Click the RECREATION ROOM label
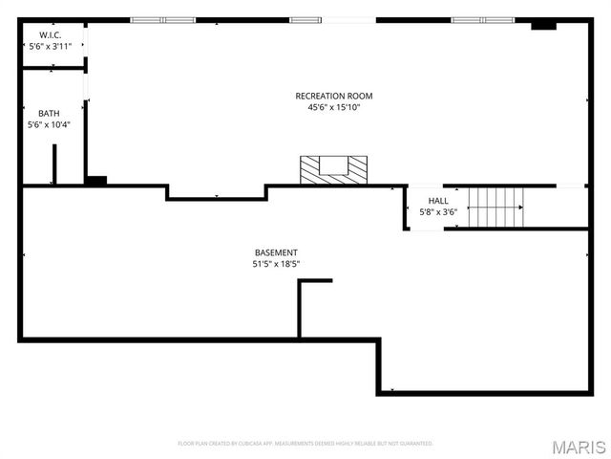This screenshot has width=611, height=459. pyautogui.click(x=333, y=96)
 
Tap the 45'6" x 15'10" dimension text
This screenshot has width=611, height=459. pyautogui.click(x=333, y=107)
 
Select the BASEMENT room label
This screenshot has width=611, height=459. pyautogui.click(x=276, y=252)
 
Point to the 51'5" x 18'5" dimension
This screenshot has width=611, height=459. pyautogui.click(x=276, y=264)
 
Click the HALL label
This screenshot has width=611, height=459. pyautogui.click(x=438, y=201)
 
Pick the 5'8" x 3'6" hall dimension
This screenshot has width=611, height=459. pyautogui.click(x=438, y=212)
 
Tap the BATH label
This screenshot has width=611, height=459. pyautogui.click(x=49, y=113)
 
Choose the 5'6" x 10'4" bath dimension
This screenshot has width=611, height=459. pyautogui.click(x=49, y=124)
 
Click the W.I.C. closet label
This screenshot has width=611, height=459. pyautogui.click(x=49, y=34)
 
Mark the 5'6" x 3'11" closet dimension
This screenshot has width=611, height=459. pyautogui.click(x=49, y=46)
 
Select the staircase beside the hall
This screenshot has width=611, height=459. pyautogui.click(x=496, y=207)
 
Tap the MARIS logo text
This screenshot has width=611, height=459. pyautogui.click(x=583, y=447)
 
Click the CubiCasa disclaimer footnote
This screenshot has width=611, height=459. pyautogui.click(x=305, y=443)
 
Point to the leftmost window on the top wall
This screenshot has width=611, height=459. pyautogui.click(x=163, y=19)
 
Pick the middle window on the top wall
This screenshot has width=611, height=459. pyautogui.click(x=305, y=19)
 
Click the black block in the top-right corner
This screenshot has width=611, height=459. pyautogui.click(x=543, y=25)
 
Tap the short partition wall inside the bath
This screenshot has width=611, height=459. pyautogui.click(x=54, y=164)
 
